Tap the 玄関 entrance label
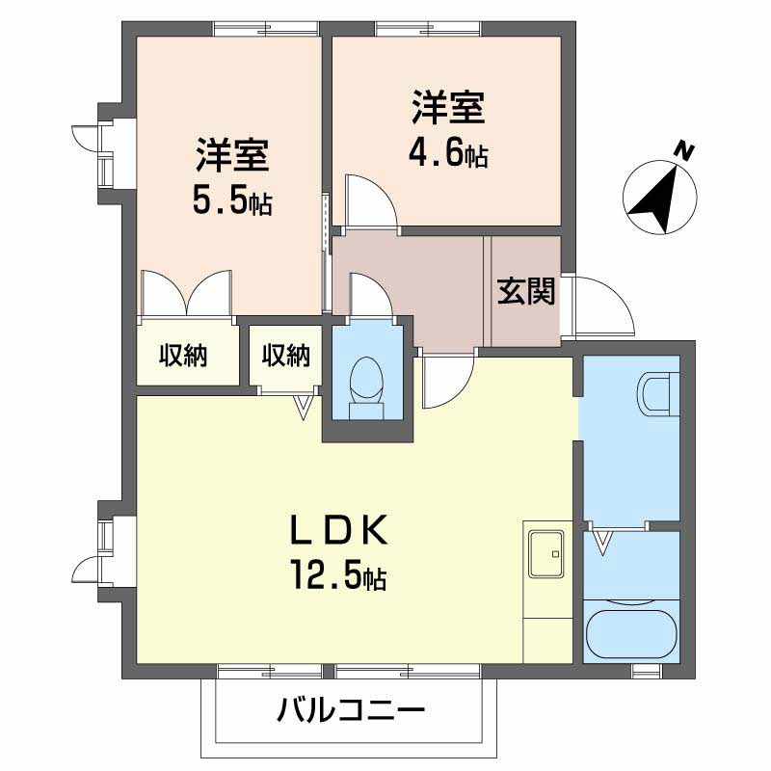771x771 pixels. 526,290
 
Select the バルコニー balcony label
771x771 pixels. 352,713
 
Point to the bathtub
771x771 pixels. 631,627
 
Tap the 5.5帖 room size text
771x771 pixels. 233,201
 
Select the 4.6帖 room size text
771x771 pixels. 449,154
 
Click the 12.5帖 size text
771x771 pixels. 339,576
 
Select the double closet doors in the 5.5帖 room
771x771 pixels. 186,292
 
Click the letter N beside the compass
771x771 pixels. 684,150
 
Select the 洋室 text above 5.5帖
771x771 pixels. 233,154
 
